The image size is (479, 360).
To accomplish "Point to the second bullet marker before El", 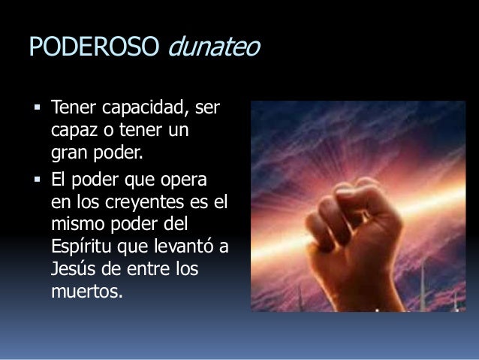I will (37, 183).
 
